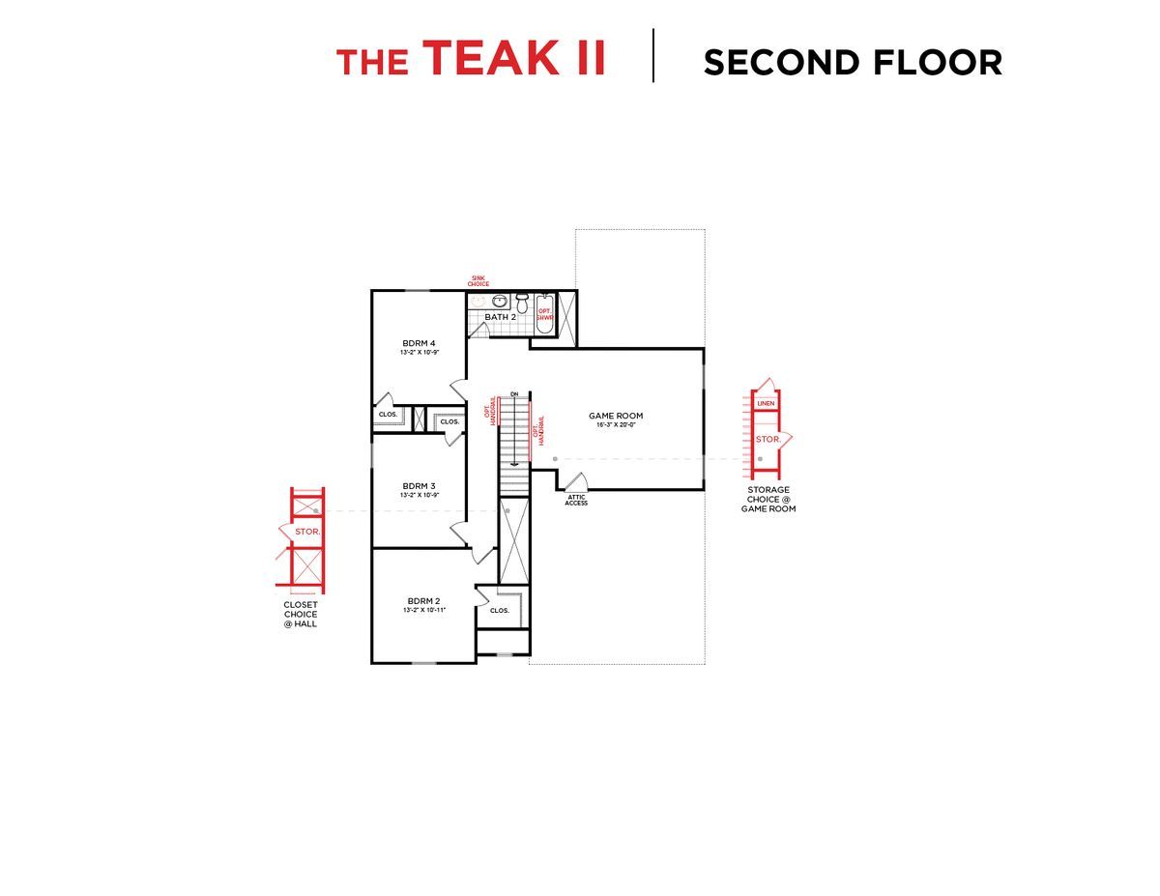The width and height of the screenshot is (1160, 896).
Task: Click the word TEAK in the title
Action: pyautogui.click(x=490, y=57)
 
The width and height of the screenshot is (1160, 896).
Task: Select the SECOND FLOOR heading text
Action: pyautogui.click(x=853, y=63)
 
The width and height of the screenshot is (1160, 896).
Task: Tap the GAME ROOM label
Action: pyautogui.click(x=616, y=416)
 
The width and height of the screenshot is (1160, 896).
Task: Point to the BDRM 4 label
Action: pyautogui.click(x=420, y=343)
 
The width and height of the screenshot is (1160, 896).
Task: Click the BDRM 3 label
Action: pyautogui.click(x=420, y=485)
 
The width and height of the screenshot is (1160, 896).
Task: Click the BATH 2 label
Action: pyautogui.click(x=500, y=317)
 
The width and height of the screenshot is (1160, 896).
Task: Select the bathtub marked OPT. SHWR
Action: pyautogui.click(x=544, y=314)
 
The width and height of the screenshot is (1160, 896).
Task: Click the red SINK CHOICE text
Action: pyautogui.click(x=478, y=281)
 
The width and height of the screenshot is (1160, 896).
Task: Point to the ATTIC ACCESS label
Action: pyautogui.click(x=576, y=500)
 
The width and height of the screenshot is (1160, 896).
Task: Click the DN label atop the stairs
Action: pyautogui.click(x=514, y=394)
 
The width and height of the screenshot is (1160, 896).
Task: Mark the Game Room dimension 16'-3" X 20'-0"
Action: pyautogui.click(x=616, y=425)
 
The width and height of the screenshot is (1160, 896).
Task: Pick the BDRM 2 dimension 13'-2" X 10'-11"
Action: pyautogui.click(x=423, y=611)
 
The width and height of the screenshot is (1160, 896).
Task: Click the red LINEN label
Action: pyautogui.click(x=766, y=403)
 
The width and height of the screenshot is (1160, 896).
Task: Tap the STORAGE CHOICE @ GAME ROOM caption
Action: pyautogui.click(x=768, y=499)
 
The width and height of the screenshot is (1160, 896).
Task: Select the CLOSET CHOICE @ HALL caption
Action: pyautogui.click(x=300, y=614)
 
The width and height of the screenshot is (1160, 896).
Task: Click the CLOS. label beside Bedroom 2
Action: pyautogui.click(x=500, y=610)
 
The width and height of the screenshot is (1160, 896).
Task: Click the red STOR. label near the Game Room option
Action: pyautogui.click(x=768, y=439)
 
